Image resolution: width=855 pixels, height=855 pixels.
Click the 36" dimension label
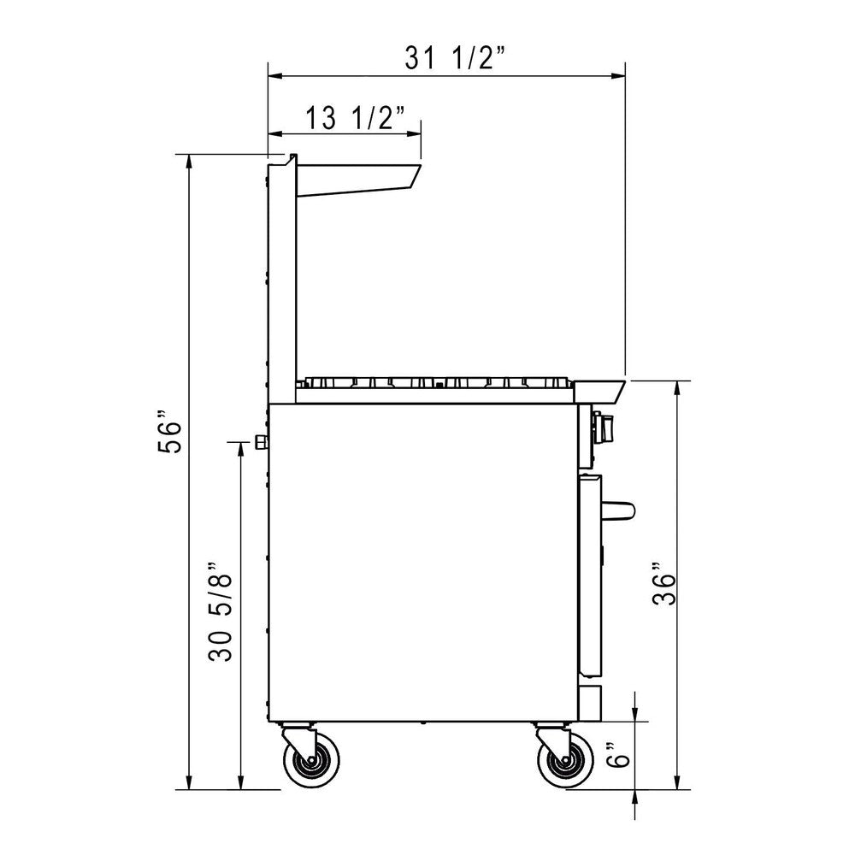(664, 588)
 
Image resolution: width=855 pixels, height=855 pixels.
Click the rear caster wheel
(311, 759)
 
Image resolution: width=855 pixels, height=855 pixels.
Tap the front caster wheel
(565, 759)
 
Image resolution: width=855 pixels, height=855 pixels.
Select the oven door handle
(618, 510)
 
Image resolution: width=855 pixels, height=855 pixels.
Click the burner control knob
(604, 429)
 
